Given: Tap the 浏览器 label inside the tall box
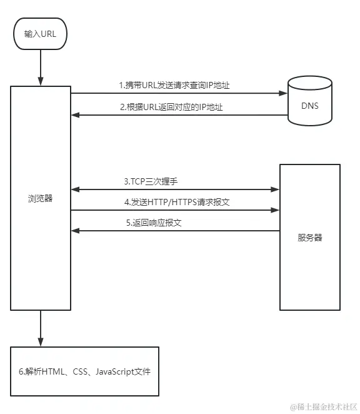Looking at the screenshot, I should tap(40, 199).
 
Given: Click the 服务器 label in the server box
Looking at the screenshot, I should tap(309, 238).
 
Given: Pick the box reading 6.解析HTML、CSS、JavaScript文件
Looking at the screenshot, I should tap(84, 371).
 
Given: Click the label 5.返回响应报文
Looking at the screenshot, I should tap(152, 223).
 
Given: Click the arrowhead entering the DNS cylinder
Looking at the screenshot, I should tap(282, 94).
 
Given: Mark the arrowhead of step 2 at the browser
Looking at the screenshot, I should tap(75, 115).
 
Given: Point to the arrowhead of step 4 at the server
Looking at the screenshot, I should tap(275, 210).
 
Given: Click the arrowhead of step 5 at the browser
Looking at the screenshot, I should tap(75, 231).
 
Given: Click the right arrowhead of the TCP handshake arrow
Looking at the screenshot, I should tap(275, 189).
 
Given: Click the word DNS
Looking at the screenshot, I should tap(310, 106).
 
